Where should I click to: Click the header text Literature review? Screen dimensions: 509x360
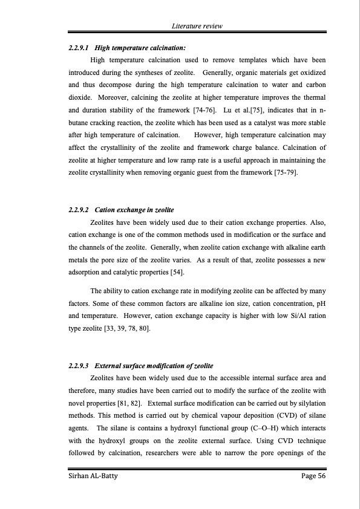pyautogui.click(x=197, y=27)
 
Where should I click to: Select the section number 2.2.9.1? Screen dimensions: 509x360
pyautogui.click(x=79, y=47)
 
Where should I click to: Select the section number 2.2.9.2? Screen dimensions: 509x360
pyautogui.click(x=79, y=210)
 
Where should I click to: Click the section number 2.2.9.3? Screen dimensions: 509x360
pyautogui.click(x=79, y=366)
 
